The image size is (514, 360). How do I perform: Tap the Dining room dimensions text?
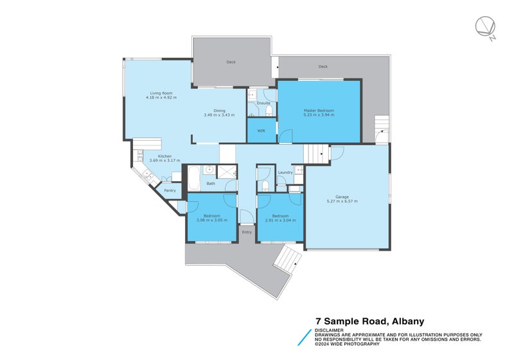click(x=219, y=115)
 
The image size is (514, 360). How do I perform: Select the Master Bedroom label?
click(x=319, y=111)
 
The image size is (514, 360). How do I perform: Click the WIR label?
click(x=261, y=130)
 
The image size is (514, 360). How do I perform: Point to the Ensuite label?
click(x=263, y=103)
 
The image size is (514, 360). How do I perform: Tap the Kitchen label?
click(x=165, y=156)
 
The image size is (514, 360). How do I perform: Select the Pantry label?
click(x=170, y=190)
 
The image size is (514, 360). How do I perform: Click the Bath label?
click(x=211, y=184)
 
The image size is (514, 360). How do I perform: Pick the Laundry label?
click(x=286, y=172)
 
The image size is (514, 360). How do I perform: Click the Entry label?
click(x=247, y=232)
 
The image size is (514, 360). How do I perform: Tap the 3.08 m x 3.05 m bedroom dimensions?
click(x=212, y=220)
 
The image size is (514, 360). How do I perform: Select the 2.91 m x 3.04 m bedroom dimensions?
click(x=280, y=220)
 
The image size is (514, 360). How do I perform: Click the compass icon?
click(x=485, y=28)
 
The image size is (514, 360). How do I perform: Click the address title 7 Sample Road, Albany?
click(x=369, y=321)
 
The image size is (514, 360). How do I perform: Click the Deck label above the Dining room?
click(x=231, y=62)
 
